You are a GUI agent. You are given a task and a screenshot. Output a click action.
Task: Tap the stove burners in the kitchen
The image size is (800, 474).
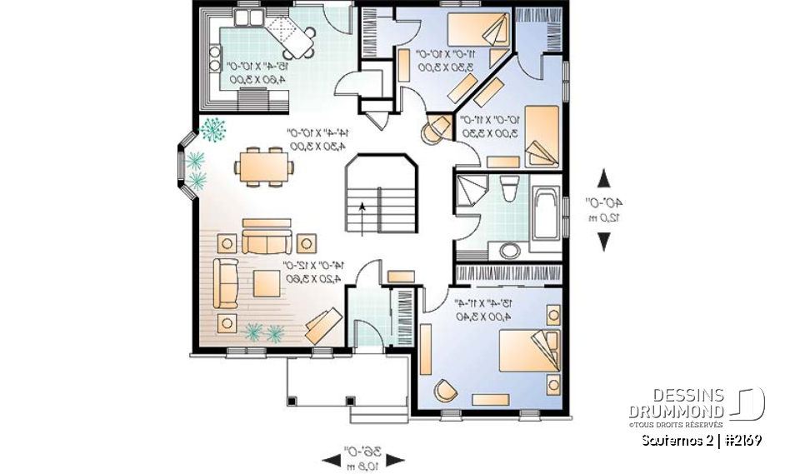click(x=214, y=59)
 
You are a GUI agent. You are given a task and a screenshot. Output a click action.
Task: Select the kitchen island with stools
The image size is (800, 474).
click(x=296, y=37)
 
